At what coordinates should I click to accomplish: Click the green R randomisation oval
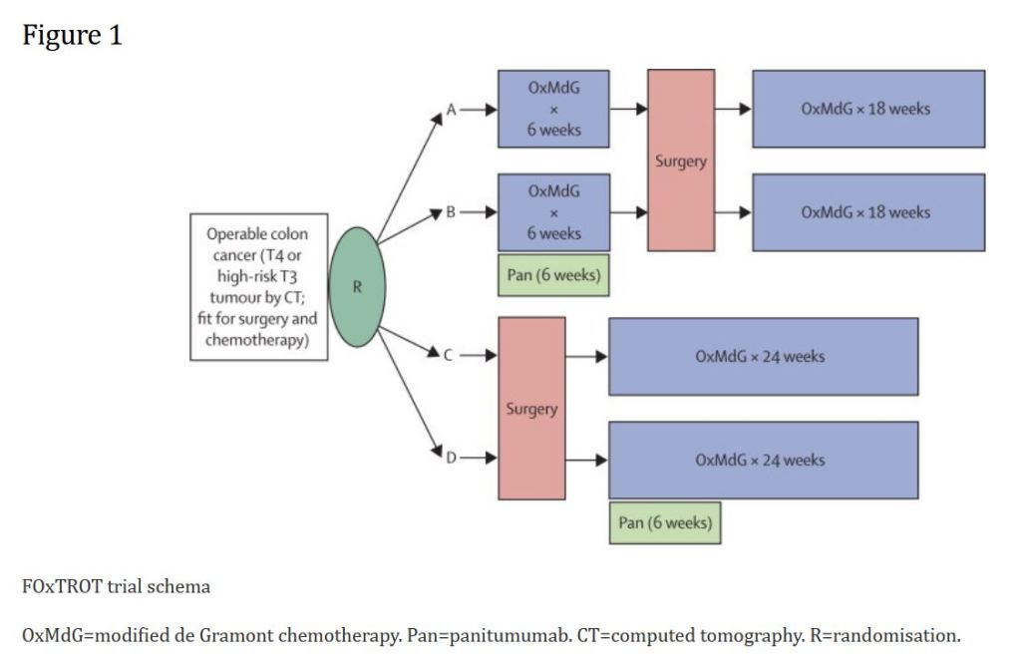click(357, 287)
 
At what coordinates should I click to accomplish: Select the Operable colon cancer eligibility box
click(258, 287)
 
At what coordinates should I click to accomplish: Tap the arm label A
click(451, 110)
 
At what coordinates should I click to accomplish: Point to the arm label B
click(451, 212)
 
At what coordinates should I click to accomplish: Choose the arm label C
click(450, 355)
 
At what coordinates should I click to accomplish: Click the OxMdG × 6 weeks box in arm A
click(553, 109)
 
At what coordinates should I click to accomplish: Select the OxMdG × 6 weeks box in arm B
click(553, 212)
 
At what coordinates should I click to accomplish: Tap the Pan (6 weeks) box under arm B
click(553, 275)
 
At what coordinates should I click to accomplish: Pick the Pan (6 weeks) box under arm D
click(665, 522)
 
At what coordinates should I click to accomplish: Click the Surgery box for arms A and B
click(681, 161)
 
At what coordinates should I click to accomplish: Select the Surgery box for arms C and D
click(532, 408)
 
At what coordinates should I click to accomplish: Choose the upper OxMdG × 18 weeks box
click(867, 109)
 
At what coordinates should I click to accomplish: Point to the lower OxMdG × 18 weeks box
click(867, 212)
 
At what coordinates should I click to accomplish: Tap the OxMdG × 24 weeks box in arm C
click(763, 356)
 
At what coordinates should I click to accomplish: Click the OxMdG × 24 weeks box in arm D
click(763, 460)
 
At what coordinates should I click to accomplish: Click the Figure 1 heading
click(72, 36)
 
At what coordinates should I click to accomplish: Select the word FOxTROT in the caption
click(58, 586)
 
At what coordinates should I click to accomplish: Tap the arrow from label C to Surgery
click(479, 355)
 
